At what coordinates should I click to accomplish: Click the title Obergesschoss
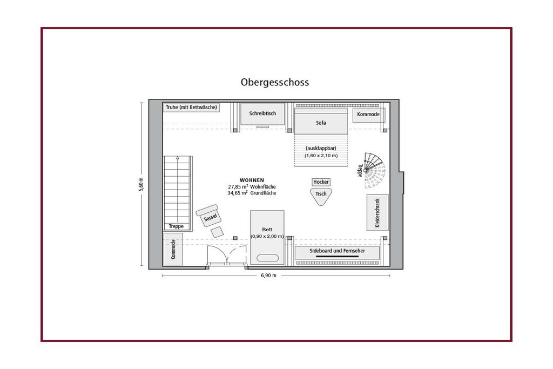coord(275,82)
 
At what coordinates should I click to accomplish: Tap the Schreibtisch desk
coord(262,113)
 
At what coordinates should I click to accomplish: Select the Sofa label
coord(321,123)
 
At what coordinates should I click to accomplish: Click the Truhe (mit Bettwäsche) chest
coord(192,108)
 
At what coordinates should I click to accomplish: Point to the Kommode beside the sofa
coord(368,115)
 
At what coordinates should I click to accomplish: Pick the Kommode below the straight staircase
coord(173,249)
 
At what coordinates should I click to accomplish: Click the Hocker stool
coord(321,182)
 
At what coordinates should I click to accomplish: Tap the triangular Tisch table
coord(321,196)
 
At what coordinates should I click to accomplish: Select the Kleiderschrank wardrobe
coord(377,213)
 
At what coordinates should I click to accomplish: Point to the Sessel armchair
coord(209,216)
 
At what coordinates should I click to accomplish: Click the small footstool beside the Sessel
coord(217,232)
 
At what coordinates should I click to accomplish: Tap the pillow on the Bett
coord(267,258)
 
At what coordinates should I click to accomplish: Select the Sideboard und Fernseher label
coord(337,251)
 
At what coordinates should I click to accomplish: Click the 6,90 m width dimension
coord(269,276)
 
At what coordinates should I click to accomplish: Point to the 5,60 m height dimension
coord(141,184)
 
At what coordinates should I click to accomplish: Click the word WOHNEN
coord(252,180)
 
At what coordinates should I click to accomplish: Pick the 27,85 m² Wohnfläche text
coord(252,186)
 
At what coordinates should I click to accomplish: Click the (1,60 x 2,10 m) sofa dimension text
coord(321,156)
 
